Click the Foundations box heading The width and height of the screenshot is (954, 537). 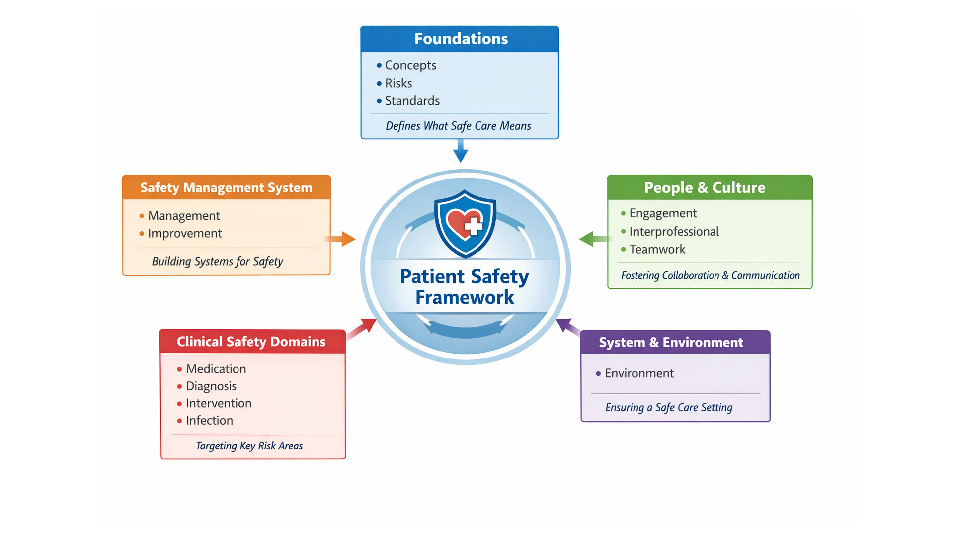(461, 39)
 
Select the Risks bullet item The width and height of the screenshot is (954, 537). (398, 83)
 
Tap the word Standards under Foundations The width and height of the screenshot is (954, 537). (412, 101)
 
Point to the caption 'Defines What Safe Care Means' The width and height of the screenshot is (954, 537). (458, 126)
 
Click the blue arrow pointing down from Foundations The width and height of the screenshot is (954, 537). (461, 151)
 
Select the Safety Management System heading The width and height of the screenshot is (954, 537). (226, 188)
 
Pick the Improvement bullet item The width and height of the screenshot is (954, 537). (184, 233)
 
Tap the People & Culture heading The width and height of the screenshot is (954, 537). (705, 188)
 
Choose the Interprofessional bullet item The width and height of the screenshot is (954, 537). (674, 232)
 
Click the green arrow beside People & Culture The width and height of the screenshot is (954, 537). (593, 239)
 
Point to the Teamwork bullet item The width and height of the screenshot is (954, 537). (657, 250)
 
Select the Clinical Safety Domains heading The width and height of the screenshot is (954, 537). (251, 342)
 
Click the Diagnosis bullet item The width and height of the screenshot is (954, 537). (211, 386)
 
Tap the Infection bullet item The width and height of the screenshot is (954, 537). (209, 421)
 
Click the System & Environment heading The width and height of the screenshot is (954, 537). (671, 343)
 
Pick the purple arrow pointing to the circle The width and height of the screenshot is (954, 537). (567, 327)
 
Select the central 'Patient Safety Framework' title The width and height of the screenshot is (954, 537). (465, 287)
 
